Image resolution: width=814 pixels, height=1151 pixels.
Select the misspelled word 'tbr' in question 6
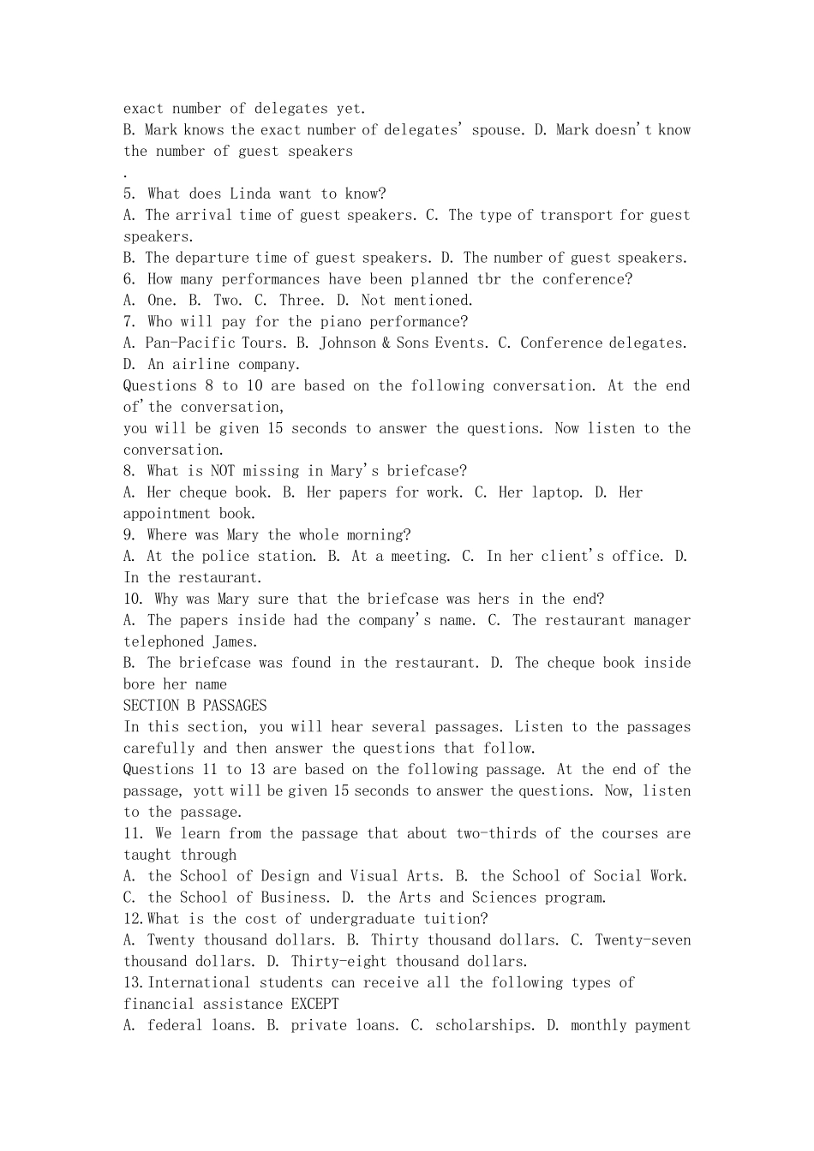[x=489, y=279]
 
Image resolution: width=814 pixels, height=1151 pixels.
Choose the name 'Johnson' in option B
[x=348, y=343]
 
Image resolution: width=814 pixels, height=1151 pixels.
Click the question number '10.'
[x=134, y=599]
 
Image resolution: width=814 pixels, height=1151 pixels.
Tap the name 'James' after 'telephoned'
[x=234, y=642]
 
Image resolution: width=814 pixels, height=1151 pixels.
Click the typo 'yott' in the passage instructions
[x=209, y=791]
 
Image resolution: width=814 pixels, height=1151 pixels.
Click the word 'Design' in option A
[x=285, y=876]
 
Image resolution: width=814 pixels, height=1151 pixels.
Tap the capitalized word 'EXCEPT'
[x=314, y=1005]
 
